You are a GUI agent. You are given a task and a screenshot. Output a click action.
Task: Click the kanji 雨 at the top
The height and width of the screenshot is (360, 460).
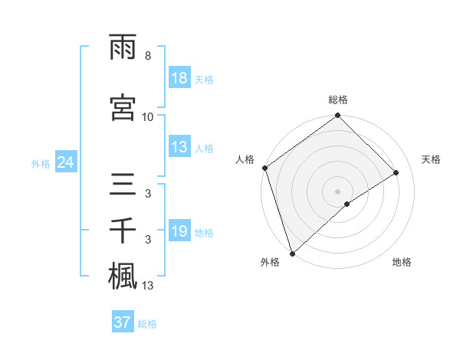coord(123,47)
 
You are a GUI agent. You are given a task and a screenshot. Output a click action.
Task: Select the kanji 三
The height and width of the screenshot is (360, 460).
coord(123,185)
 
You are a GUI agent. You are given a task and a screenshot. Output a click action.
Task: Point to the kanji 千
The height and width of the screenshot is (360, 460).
coord(123,231)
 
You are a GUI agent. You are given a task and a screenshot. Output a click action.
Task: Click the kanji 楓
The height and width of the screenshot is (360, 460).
coord(123,277)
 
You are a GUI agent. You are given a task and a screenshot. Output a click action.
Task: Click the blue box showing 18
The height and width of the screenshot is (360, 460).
coord(179,79)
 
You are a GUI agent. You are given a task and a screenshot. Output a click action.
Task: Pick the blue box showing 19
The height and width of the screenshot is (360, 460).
coord(179,232)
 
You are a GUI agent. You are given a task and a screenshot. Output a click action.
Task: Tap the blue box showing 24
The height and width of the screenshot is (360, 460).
coord(65,163)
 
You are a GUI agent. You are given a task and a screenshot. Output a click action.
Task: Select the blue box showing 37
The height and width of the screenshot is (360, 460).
coord(123,322)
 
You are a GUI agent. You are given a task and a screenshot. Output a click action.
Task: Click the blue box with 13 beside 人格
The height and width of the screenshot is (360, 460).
coord(179,148)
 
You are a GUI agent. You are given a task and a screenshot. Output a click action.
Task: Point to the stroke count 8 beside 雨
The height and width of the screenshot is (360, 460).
coord(147,56)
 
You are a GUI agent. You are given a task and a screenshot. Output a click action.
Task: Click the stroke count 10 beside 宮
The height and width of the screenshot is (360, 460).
coord(147,116)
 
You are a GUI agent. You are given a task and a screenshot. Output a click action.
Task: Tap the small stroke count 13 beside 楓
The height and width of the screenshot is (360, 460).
coord(148,286)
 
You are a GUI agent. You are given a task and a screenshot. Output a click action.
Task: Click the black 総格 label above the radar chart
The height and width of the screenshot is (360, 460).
coord(338,100)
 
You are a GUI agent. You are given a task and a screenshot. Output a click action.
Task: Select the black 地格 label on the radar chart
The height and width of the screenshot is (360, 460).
coord(402,263)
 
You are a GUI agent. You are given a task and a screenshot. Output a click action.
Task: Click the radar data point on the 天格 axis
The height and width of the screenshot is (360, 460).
coord(396,173)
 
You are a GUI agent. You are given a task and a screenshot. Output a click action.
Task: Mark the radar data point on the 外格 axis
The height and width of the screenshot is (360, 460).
coord(291,254)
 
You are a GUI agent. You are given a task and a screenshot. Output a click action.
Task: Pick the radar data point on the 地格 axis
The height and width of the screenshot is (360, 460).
coord(347,204)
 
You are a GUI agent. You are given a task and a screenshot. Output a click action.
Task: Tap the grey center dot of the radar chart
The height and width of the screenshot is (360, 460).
coord(338,191)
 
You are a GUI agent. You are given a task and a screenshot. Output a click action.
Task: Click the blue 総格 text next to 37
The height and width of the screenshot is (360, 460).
coord(148,324)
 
